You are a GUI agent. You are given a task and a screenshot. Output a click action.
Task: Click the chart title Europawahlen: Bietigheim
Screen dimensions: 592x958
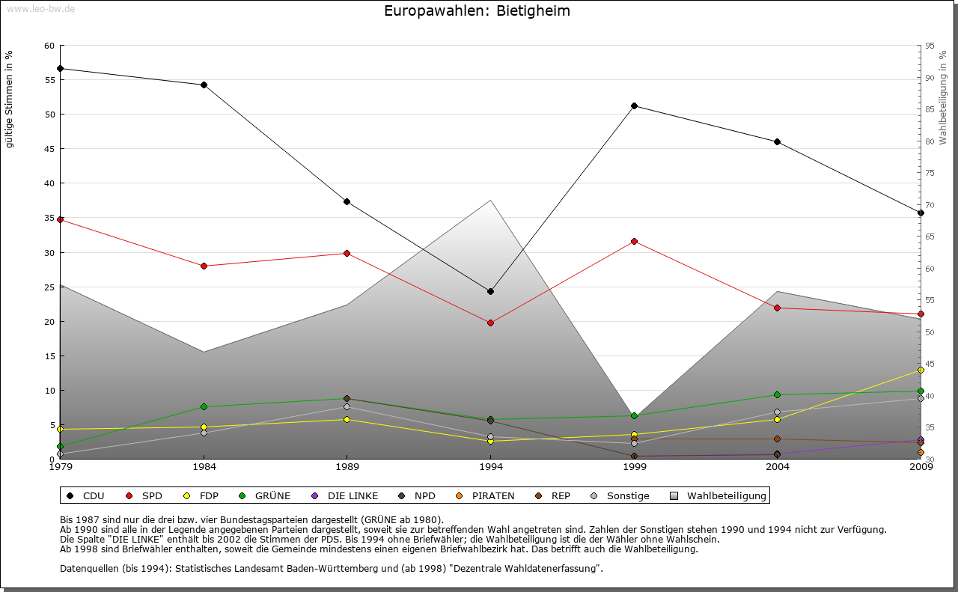click(477, 10)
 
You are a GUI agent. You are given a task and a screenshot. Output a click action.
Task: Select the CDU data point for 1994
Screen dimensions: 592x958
click(490, 291)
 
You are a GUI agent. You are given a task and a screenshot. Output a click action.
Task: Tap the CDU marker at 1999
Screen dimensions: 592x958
click(634, 106)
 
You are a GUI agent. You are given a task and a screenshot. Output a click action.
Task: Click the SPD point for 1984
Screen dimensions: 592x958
click(204, 266)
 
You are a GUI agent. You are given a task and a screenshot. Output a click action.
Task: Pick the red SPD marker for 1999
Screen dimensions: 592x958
click(634, 241)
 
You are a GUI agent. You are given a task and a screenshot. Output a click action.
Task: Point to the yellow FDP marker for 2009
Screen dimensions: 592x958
click(921, 370)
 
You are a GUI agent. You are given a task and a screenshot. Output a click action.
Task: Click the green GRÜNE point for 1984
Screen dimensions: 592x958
click(204, 406)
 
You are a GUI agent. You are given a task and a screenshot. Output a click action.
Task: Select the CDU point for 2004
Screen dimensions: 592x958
click(778, 141)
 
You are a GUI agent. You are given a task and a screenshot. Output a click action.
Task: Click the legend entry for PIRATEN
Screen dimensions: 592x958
click(492, 495)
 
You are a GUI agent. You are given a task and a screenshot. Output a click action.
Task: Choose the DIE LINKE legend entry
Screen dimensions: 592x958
click(353, 495)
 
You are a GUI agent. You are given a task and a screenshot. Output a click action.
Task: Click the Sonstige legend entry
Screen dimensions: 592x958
click(628, 495)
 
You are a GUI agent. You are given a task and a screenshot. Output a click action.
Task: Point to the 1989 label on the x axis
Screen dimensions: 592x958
click(347, 467)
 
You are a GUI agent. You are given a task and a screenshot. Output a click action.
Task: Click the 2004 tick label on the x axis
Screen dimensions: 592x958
click(778, 467)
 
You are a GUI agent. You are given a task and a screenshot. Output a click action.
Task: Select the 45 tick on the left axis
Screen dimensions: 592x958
click(49, 149)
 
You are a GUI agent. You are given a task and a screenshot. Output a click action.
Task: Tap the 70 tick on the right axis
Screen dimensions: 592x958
click(929, 205)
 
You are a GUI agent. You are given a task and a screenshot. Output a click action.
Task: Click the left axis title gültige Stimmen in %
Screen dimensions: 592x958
click(10, 99)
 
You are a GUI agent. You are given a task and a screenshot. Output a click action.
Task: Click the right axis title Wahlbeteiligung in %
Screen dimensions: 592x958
click(943, 97)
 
